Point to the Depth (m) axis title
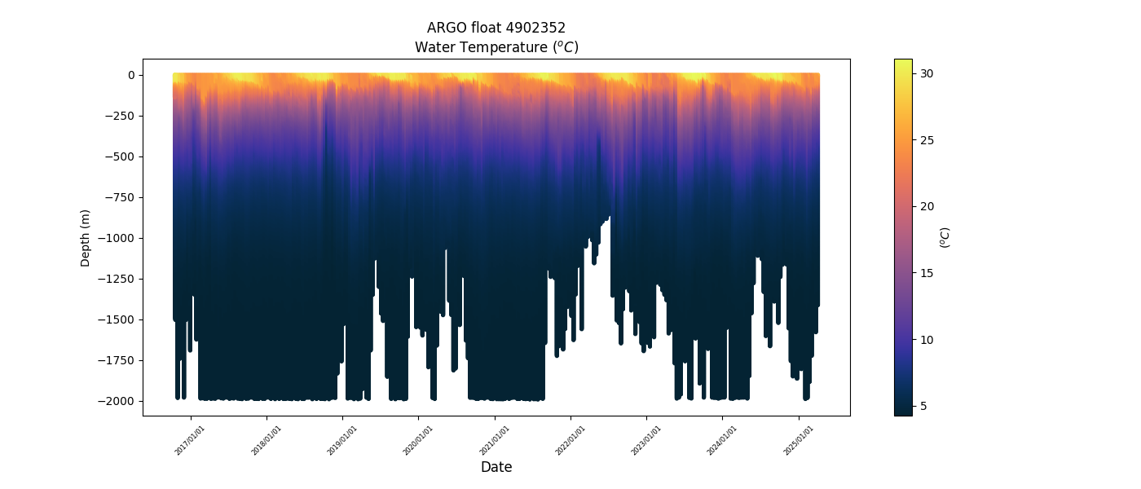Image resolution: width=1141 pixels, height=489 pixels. click(86, 237)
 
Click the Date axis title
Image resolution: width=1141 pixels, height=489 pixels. click(496, 467)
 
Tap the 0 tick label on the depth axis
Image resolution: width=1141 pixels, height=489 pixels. click(130, 75)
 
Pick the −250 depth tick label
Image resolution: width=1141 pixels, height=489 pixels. click(121, 116)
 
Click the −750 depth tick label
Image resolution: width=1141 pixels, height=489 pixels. click(121, 197)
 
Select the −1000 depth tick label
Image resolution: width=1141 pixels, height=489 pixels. click(118, 238)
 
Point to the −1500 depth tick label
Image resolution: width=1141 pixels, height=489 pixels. click(118, 319)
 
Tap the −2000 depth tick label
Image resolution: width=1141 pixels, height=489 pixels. click(118, 401)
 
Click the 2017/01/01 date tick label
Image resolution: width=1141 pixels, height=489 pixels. click(190, 439)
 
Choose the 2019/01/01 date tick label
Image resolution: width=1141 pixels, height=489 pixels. click(342, 439)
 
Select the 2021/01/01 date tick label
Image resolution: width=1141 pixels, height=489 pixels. click(494, 439)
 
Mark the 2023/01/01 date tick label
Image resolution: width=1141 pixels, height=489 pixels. click(645, 439)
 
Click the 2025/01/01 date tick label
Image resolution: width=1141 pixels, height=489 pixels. click(798, 439)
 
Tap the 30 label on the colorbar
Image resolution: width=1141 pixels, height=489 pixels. click(927, 73)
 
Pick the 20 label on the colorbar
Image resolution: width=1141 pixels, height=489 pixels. click(927, 206)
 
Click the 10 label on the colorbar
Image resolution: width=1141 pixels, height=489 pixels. click(927, 339)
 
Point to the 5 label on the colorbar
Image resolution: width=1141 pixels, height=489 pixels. click(923, 406)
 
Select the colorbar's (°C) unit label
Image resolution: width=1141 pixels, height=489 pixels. click(945, 237)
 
